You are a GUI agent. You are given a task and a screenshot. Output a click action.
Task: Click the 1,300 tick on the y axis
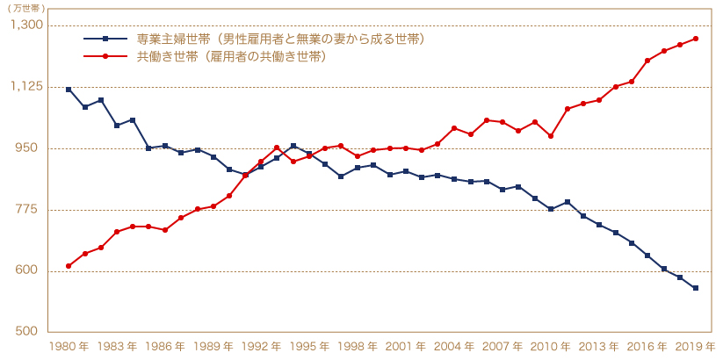tap(26, 25)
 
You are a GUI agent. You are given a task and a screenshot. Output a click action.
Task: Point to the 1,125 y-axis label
tap(26, 86)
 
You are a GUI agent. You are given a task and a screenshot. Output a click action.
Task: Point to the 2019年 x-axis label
tap(697, 346)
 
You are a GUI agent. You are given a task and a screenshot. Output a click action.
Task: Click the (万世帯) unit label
tap(26, 8)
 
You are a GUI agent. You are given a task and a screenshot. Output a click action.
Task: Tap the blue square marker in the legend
tap(105, 40)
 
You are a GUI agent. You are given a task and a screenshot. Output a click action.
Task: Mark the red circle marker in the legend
tap(105, 56)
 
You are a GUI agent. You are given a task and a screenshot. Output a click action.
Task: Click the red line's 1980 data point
tap(69, 265)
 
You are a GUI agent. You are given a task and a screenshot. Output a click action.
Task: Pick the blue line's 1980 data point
tap(69, 90)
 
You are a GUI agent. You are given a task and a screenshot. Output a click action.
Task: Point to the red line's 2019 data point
tap(696, 39)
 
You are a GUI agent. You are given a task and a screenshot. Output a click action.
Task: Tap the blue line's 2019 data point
tap(696, 288)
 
